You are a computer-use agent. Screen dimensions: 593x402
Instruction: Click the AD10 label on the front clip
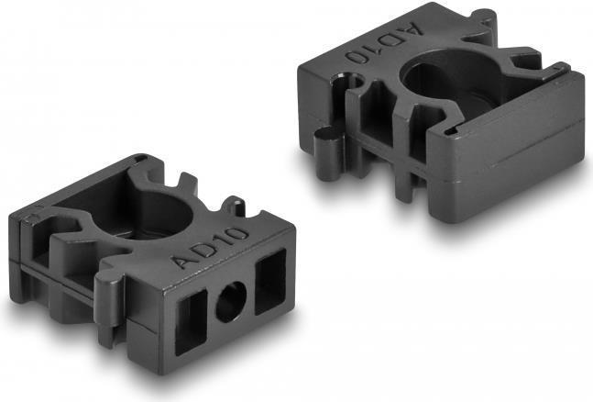click(x=209, y=248)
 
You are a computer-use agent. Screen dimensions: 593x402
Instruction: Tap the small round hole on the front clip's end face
click(x=231, y=302)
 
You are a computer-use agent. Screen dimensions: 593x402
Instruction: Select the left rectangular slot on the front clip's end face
click(x=192, y=323)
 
